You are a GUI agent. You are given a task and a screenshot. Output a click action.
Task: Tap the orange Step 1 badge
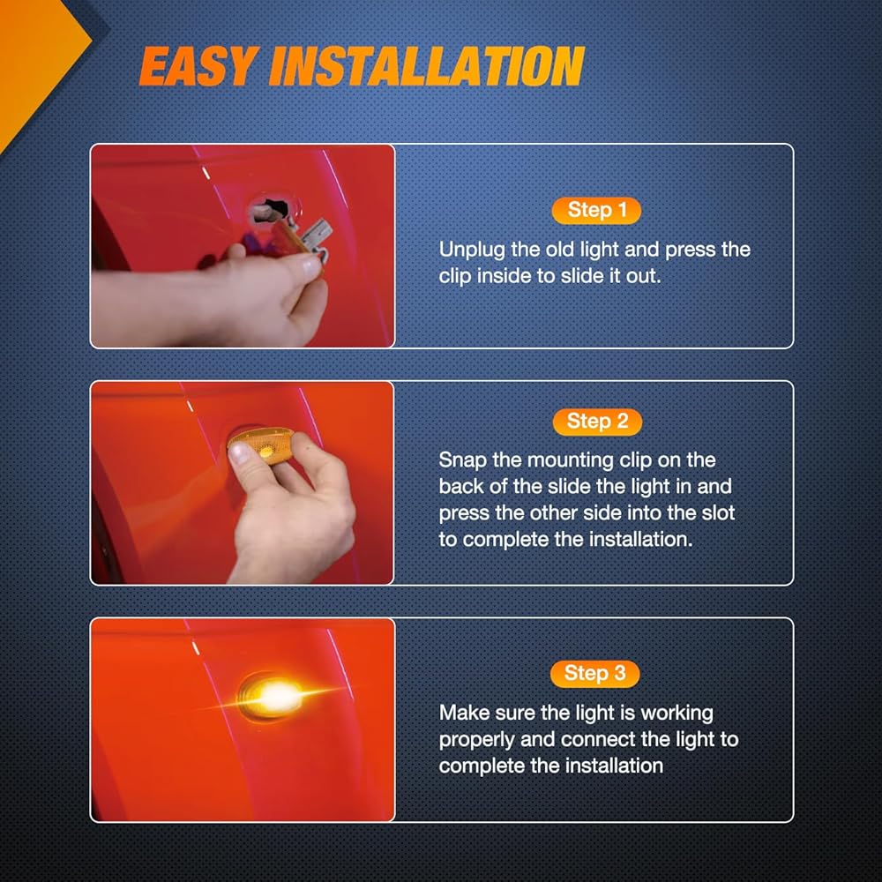click(x=596, y=211)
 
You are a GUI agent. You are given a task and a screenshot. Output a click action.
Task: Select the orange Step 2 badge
click(x=597, y=422)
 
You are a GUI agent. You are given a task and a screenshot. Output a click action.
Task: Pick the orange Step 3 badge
click(x=594, y=673)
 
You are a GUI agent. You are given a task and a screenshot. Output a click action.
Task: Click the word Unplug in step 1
click(x=472, y=250)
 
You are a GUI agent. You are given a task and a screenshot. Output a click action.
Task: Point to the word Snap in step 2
click(x=462, y=460)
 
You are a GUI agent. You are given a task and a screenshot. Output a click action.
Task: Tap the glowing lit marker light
click(x=274, y=697)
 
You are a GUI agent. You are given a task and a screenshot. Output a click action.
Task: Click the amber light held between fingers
click(x=262, y=445)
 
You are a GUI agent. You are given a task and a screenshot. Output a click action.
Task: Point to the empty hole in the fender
click(x=270, y=209)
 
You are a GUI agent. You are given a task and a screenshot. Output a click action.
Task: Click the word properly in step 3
click(x=477, y=740)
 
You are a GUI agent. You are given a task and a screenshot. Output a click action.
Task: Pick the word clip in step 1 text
click(x=455, y=277)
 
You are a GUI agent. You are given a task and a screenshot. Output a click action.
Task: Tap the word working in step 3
click(x=677, y=714)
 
